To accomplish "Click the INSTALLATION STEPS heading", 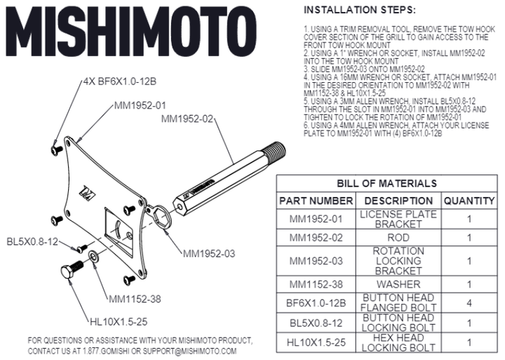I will [358, 11].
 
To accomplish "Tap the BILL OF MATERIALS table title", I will [386, 184].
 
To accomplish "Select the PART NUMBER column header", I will [316, 201].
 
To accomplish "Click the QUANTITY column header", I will [469, 201].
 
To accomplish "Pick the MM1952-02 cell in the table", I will [316, 238].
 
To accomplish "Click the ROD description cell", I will [398, 238].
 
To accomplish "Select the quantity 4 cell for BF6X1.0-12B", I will [469, 303].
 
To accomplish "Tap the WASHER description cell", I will [398, 284].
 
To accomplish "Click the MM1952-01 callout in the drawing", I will [140, 106].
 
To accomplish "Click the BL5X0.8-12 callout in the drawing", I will [32, 242].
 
